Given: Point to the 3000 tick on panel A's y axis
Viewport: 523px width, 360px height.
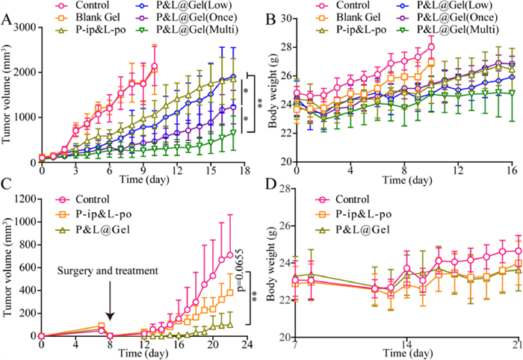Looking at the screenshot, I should tap(26, 28).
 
